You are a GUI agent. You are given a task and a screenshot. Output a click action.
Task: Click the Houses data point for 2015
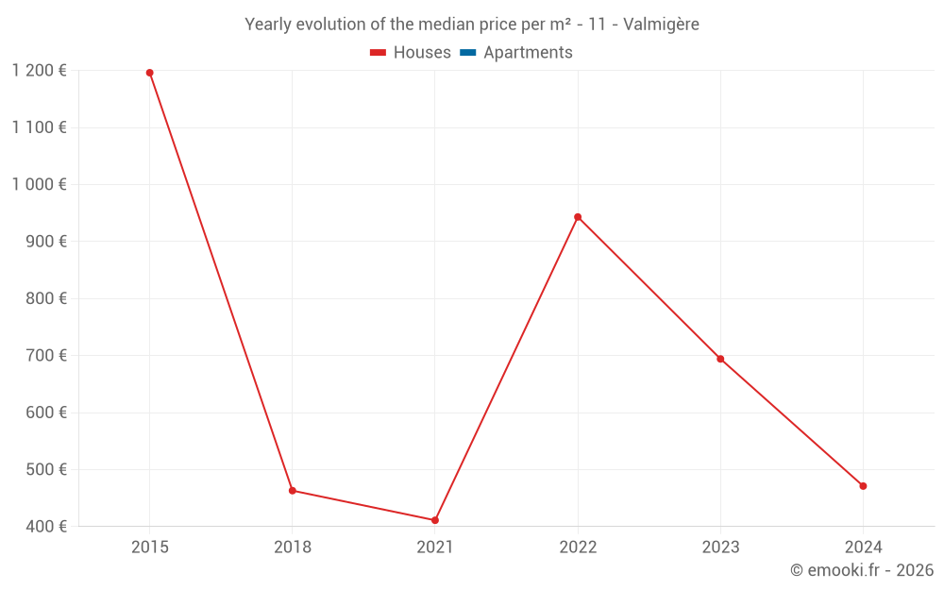coord(149,73)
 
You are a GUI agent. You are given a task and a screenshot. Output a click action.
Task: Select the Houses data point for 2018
coord(293,491)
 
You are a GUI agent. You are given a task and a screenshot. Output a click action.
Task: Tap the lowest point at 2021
coord(435,520)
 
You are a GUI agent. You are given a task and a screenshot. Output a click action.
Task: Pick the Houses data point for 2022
coord(578,217)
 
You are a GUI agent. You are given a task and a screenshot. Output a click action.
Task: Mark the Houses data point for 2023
coord(720,359)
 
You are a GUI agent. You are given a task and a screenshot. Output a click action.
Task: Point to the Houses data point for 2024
coord(863,486)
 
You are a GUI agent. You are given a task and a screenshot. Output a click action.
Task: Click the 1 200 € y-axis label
coord(39,71)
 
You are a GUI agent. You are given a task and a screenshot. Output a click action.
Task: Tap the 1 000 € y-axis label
coord(39,185)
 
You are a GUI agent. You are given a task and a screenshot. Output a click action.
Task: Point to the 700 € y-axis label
coord(45,356)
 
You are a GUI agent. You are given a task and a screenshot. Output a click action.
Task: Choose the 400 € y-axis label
coord(45,527)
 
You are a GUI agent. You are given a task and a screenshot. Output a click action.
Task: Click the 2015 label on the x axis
coord(149,547)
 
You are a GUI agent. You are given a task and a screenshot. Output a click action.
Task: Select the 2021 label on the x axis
coord(435,547)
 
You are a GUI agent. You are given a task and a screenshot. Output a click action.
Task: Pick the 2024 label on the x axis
coord(863,547)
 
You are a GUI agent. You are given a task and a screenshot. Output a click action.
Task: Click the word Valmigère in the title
coord(662,25)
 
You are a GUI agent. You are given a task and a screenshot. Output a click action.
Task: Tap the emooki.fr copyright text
coord(861,570)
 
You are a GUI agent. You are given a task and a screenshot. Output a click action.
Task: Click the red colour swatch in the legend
coord(379,53)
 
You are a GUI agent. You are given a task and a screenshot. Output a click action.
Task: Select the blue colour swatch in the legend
coord(467,53)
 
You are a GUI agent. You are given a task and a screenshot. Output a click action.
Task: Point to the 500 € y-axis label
coord(45,470)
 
